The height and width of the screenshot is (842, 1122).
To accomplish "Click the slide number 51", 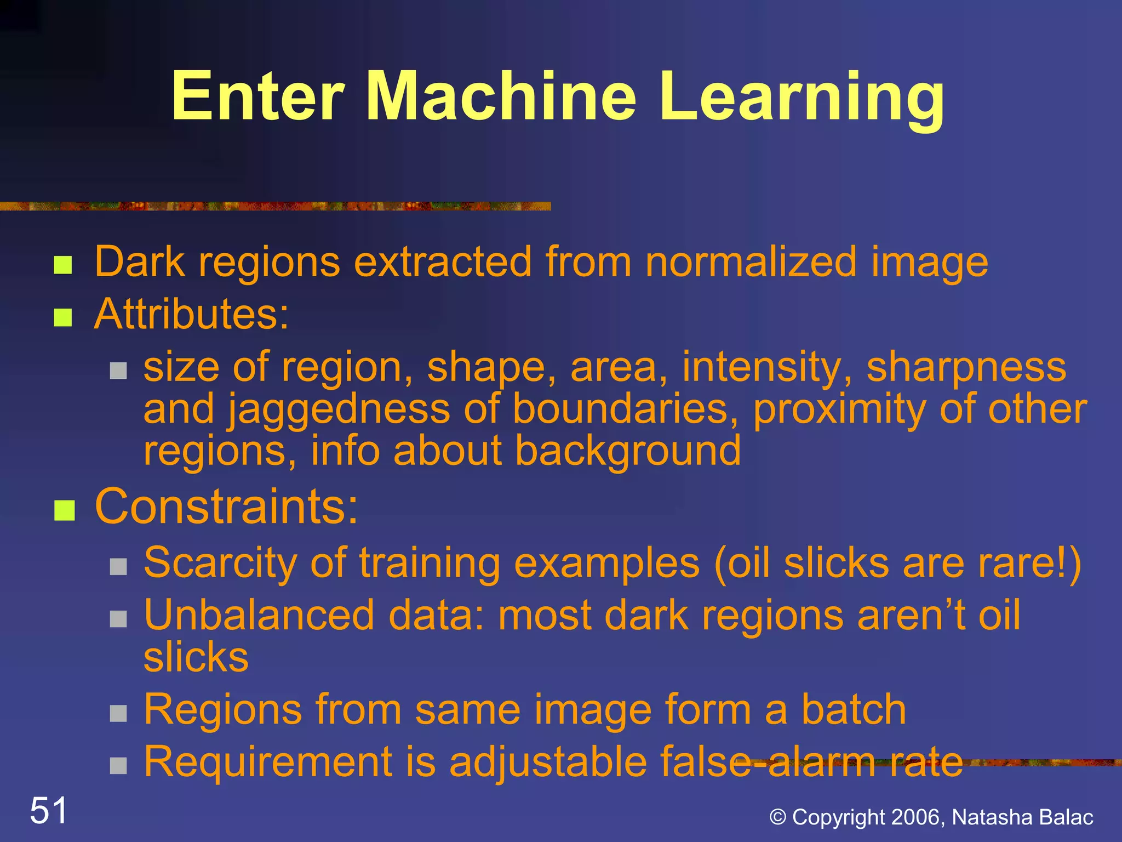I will coord(49,811).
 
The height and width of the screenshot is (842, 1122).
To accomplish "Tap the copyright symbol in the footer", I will coord(778,817).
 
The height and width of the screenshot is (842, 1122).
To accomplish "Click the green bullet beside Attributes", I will coord(63,317).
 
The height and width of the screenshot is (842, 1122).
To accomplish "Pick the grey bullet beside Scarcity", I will coord(118,566).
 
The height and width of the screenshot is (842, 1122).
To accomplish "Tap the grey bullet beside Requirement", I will coord(118,765).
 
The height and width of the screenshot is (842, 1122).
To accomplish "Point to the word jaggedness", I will coord(339,410).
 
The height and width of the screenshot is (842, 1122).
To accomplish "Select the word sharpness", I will coord(966,367).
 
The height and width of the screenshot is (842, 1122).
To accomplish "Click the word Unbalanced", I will coord(259,615).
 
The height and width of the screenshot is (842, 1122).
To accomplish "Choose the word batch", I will coord(853,709).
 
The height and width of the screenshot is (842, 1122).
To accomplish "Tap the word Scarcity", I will coord(220,564).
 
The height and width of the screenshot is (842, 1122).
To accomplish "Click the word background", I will coord(628,452).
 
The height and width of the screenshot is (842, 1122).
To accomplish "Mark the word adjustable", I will coord(548,762).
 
